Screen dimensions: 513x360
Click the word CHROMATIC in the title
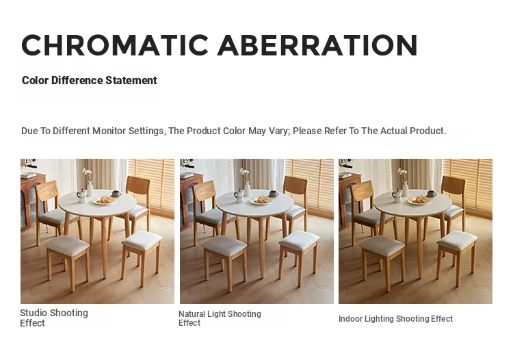tap(115, 45)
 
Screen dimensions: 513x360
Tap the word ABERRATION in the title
tap(317, 45)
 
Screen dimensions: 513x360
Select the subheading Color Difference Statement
tap(90, 80)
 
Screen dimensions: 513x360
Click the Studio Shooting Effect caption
tap(54, 318)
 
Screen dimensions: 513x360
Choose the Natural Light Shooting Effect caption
tap(220, 318)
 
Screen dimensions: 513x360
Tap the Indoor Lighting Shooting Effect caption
tap(395, 318)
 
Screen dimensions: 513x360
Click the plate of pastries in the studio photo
tap(104, 200)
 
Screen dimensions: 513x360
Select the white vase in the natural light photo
tap(247, 188)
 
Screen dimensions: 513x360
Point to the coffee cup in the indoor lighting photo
tap(432, 193)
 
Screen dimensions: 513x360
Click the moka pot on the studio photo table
tap(81, 196)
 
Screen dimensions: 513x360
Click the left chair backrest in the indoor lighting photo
tap(363, 191)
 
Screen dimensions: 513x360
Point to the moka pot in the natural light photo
tap(239, 195)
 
